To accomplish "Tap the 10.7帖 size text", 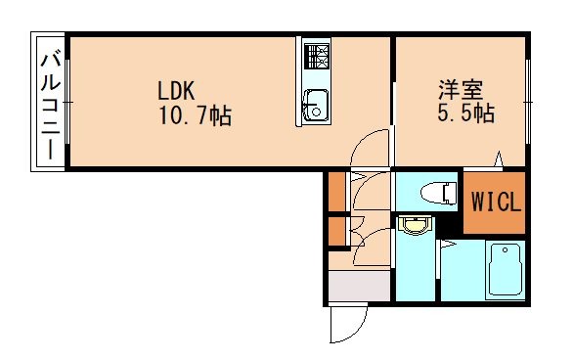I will click(x=195, y=116).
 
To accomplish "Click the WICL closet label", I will click(x=498, y=203).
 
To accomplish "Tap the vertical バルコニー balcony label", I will click(x=48, y=102).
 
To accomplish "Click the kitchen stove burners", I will click(x=317, y=57).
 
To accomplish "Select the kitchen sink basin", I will click(x=316, y=104).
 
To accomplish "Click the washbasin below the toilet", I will click(x=416, y=227).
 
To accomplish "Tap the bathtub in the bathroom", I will click(x=505, y=270).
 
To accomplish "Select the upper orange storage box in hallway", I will click(x=336, y=192).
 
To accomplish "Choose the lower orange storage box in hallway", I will click(x=336, y=232).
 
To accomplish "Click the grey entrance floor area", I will click(x=359, y=287).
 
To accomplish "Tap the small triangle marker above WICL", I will click(x=499, y=158).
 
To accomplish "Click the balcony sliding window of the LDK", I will click(x=67, y=102).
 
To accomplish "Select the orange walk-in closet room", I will click(x=496, y=203).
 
